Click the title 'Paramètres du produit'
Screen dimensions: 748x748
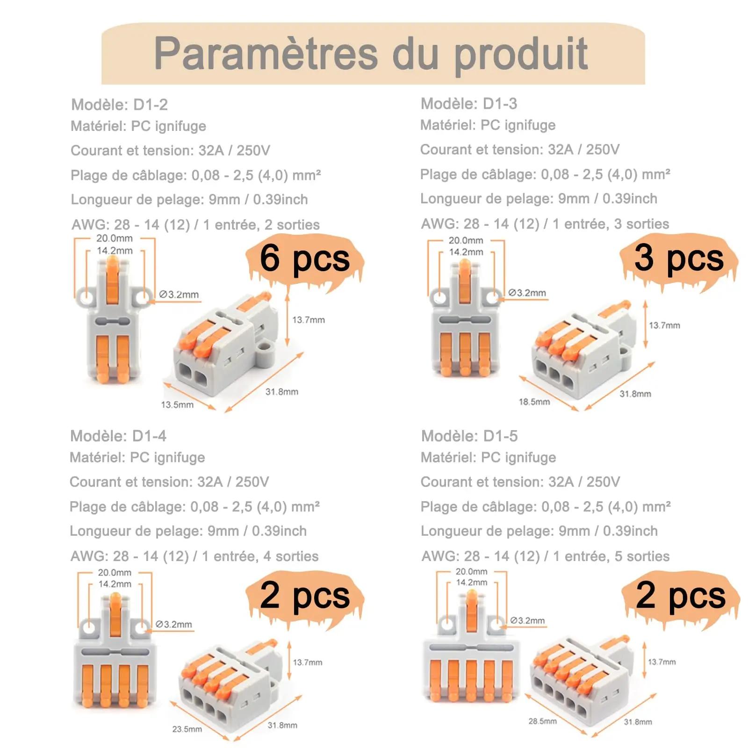[371, 54]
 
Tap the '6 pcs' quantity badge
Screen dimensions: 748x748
[304, 259]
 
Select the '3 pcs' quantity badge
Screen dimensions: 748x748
[679, 259]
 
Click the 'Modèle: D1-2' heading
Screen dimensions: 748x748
[119, 104]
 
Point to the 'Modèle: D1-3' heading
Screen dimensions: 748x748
[469, 103]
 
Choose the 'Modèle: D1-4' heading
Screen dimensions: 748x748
[118, 436]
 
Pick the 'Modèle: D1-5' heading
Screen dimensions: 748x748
[469, 436]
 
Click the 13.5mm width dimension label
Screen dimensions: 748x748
[177, 404]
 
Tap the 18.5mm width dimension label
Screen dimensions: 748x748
[534, 402]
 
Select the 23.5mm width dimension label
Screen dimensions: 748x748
[187, 729]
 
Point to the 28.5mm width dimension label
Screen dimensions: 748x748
[543, 721]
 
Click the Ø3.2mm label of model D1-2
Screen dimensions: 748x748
[179, 295]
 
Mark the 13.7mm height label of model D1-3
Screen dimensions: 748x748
[664, 325]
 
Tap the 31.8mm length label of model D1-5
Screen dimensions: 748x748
[638, 722]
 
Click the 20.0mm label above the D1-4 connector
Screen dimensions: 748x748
[115, 572]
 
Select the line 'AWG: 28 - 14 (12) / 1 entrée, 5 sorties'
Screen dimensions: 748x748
[546, 556]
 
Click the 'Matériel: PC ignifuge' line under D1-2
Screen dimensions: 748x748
[138, 126]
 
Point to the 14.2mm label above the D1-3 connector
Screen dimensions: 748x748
[466, 252]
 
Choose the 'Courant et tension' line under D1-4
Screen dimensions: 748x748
[169, 482]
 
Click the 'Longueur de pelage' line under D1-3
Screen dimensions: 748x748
[539, 199]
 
